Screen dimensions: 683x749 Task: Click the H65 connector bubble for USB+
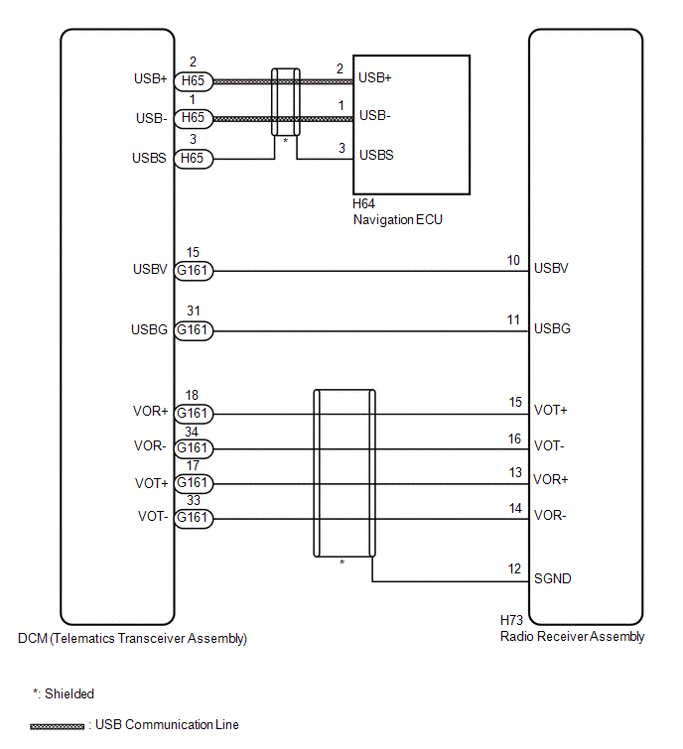(194, 81)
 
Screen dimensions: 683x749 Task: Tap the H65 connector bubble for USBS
(194, 159)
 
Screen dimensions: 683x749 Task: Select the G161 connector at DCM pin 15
(194, 271)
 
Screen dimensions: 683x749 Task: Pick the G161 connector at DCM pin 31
(194, 330)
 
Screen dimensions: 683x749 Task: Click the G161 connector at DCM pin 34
(194, 448)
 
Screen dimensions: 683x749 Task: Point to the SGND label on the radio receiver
(553, 579)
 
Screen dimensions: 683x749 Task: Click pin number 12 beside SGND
(514, 568)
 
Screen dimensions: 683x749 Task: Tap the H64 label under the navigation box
(363, 204)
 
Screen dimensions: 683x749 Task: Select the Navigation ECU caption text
(398, 219)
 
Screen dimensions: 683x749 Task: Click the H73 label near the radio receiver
(511, 620)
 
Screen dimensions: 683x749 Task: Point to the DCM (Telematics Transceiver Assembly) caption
(132, 639)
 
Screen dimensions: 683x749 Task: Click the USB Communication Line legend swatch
(57, 726)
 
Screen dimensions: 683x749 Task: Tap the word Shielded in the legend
(69, 694)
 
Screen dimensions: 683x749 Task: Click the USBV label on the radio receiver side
(551, 269)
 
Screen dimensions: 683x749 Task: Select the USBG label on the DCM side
(149, 330)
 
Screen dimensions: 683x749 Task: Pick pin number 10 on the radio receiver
(513, 260)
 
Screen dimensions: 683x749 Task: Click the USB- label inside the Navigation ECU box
(374, 116)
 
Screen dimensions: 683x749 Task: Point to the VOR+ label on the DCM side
(151, 412)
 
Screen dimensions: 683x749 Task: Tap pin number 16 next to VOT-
(514, 439)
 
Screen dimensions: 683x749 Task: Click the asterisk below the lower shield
(342, 562)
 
